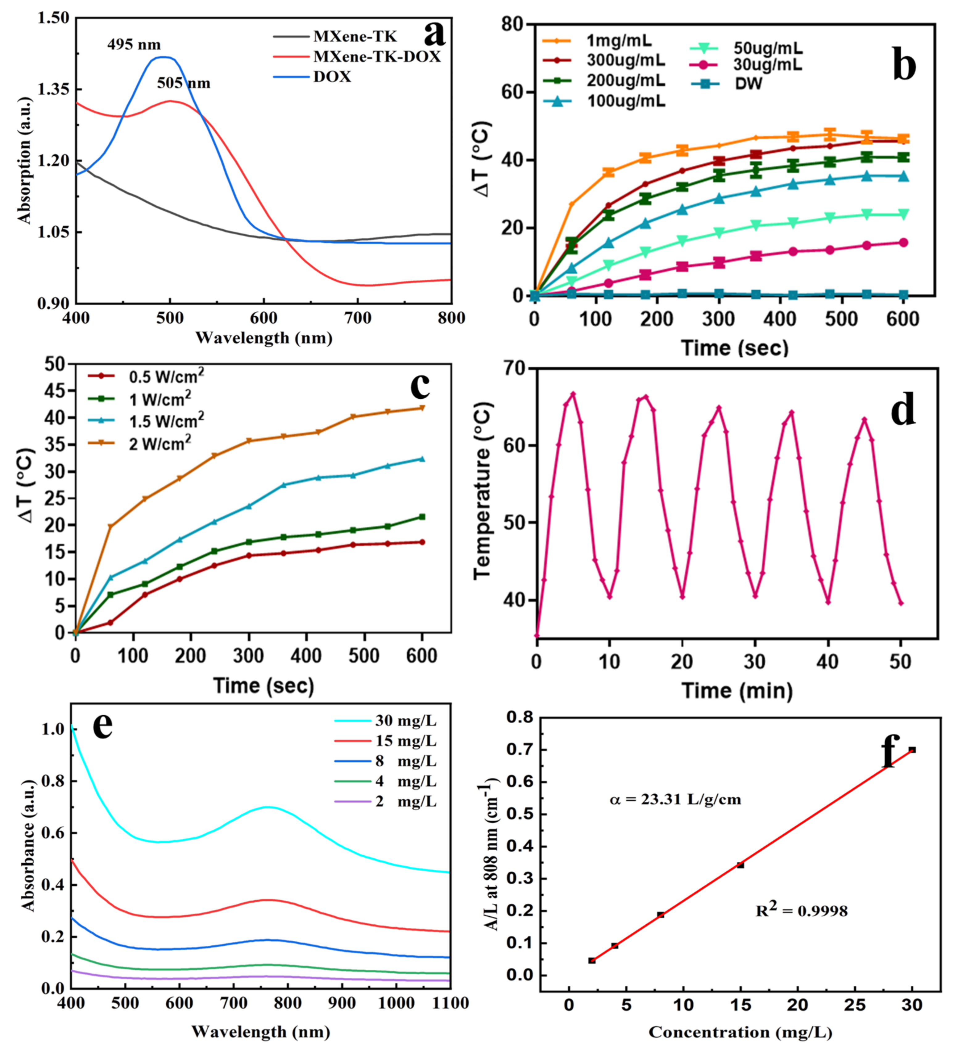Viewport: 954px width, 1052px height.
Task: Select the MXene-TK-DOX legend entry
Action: [376, 56]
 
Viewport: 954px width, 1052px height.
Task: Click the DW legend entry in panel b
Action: [748, 84]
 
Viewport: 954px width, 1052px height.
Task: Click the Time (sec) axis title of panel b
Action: [735, 347]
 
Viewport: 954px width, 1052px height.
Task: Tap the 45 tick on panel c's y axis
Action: [55, 391]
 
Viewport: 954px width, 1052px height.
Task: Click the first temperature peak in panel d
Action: [573, 394]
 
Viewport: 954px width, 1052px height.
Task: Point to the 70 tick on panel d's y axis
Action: [515, 368]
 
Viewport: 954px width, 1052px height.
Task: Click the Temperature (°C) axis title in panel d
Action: [483, 491]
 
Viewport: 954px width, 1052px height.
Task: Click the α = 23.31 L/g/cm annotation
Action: [675, 800]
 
